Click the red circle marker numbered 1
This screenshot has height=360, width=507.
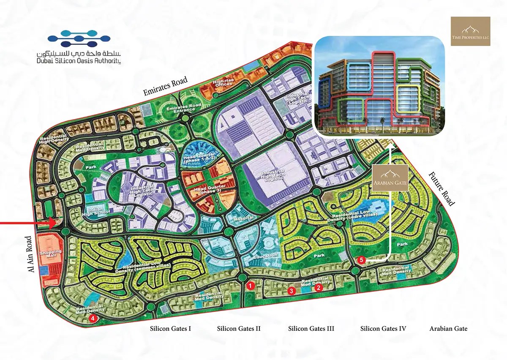click(x=251, y=286)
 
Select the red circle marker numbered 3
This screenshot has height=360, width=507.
click(x=291, y=291)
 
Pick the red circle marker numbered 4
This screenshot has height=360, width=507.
click(x=93, y=318)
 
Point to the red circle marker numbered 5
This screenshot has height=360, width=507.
click(x=360, y=260)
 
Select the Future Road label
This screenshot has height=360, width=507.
click(x=442, y=188)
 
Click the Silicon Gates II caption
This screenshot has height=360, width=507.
click(x=239, y=328)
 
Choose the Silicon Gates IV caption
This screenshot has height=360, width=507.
click(x=383, y=328)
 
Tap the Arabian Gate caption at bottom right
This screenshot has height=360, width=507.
click(x=448, y=328)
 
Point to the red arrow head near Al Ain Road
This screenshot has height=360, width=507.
click(x=54, y=222)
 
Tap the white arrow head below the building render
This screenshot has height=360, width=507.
click(x=390, y=146)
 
